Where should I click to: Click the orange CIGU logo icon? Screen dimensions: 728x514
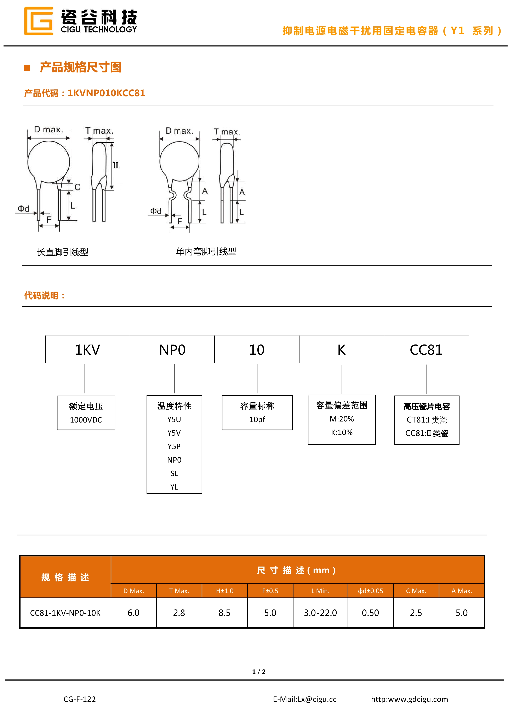[x=38, y=21]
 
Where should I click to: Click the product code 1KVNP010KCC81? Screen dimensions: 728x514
[x=106, y=93]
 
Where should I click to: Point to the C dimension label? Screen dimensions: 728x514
[x=77, y=187]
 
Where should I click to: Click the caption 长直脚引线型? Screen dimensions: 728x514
[x=63, y=252]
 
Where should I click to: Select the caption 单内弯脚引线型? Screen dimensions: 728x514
[x=206, y=252]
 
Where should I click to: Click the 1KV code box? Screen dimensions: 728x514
[x=87, y=349]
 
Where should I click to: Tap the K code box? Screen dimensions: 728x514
[x=341, y=349]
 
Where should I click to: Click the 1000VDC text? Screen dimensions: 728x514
[x=86, y=420]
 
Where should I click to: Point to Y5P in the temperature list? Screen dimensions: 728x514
[x=174, y=446]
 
